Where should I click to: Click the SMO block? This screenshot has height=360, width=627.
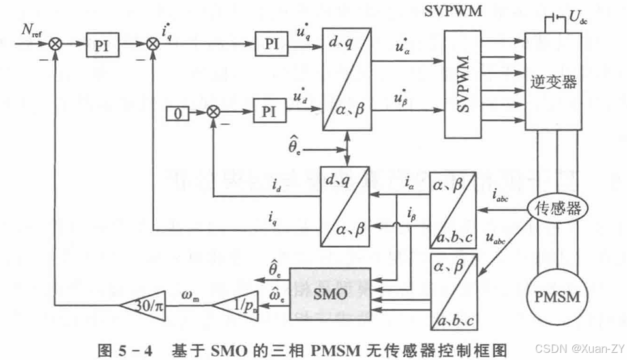[x=329, y=293]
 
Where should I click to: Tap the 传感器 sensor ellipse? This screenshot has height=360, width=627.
[x=557, y=209]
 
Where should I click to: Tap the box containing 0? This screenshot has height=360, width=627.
[x=177, y=113]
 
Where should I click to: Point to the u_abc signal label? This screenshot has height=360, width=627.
[x=495, y=239]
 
